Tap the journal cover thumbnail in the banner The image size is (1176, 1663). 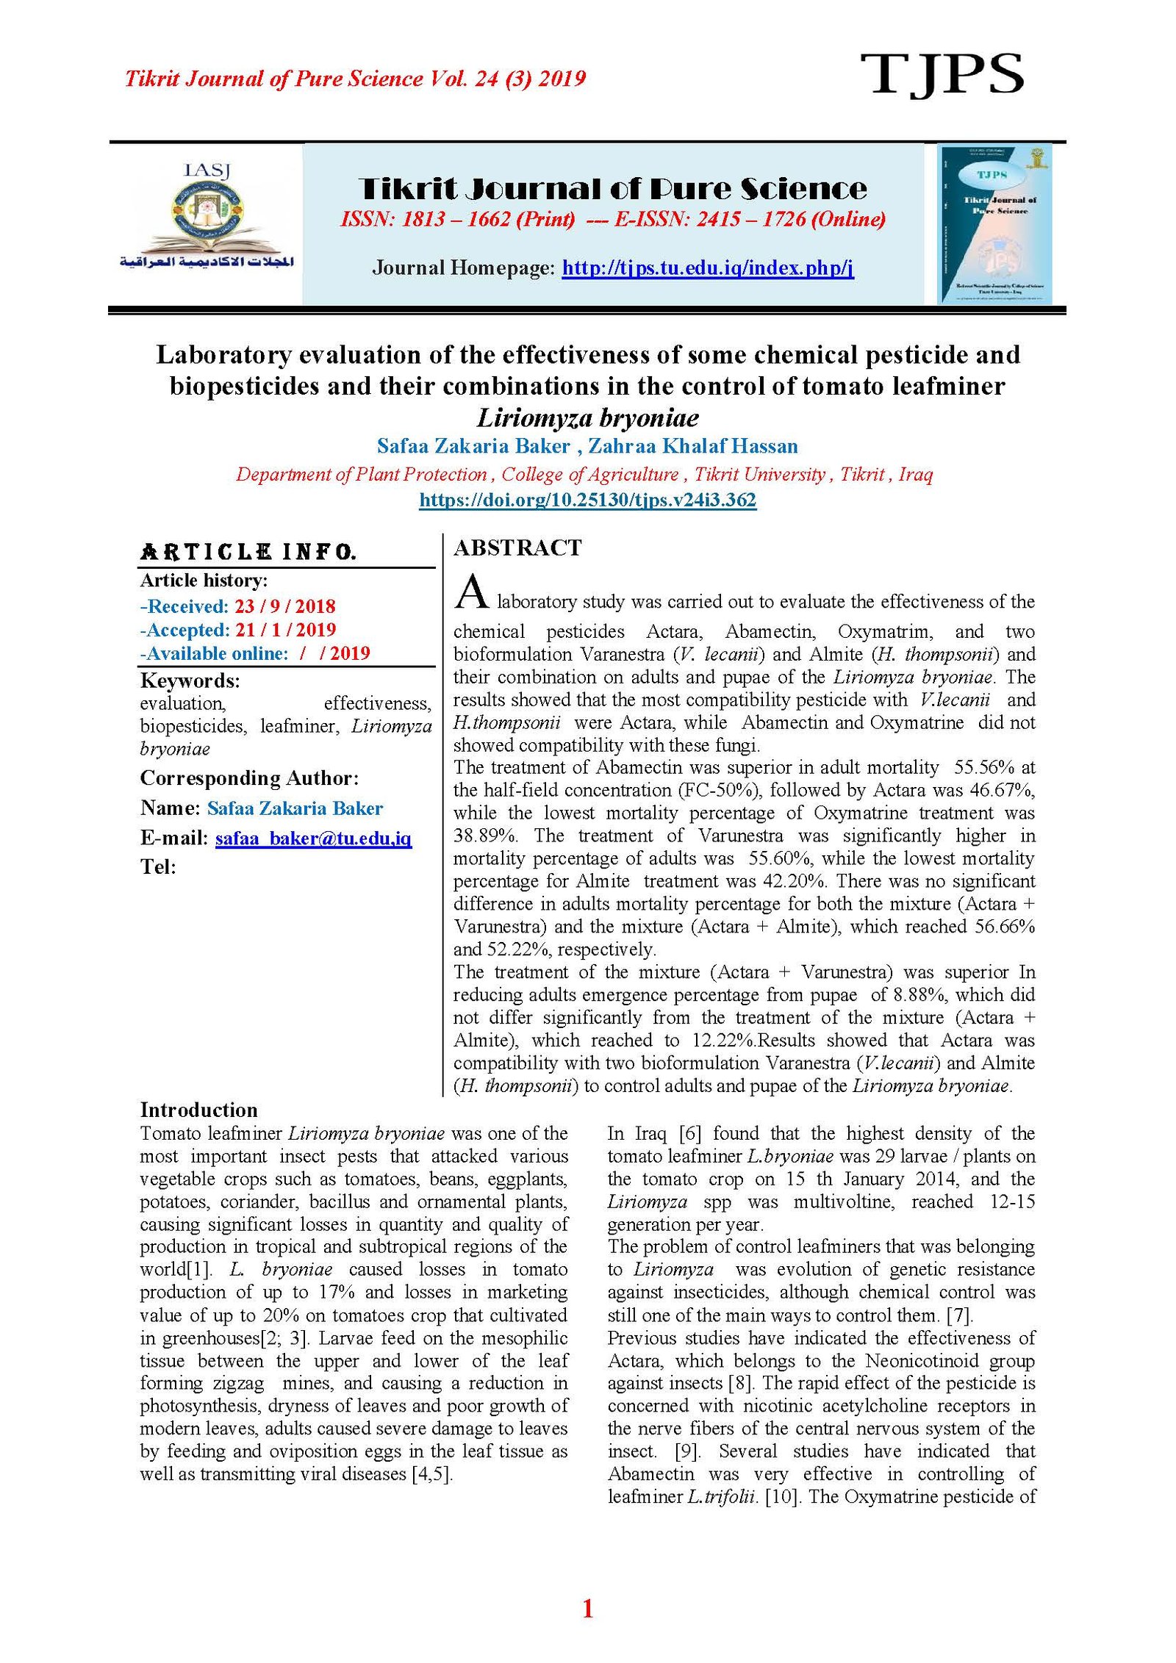click(x=994, y=224)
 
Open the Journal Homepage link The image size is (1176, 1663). click(x=707, y=267)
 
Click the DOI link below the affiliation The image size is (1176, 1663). click(x=587, y=500)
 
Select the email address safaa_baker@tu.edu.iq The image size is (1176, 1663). click(x=313, y=838)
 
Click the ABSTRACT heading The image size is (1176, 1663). click(x=517, y=547)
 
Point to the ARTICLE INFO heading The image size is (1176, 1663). click(x=248, y=552)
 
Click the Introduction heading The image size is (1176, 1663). click(x=198, y=1110)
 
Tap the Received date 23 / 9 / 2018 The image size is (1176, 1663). click(x=284, y=606)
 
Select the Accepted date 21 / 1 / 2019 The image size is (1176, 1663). click(x=285, y=630)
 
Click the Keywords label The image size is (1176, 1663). click(x=190, y=680)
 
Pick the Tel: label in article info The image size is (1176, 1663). click(x=158, y=867)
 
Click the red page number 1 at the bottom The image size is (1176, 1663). click(x=587, y=1609)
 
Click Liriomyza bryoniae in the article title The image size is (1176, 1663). click(x=587, y=418)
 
